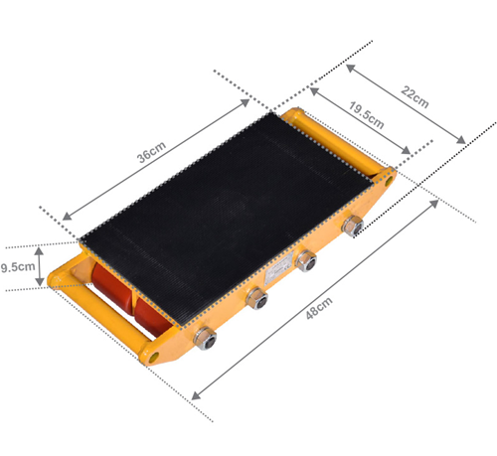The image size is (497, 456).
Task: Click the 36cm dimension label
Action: (x=151, y=152)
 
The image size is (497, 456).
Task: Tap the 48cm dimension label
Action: (x=319, y=308)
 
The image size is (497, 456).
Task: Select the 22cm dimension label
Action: (x=414, y=96)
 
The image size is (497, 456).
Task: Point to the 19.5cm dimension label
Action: (x=367, y=115)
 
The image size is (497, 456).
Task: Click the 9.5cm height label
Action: (x=18, y=267)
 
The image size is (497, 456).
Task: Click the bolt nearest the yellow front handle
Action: (x=205, y=338)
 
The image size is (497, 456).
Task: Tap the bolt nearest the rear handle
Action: (x=353, y=226)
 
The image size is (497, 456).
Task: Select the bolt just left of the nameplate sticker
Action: (x=257, y=298)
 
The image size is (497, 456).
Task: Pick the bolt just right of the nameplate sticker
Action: (x=306, y=261)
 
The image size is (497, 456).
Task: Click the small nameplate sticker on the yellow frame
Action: (x=279, y=270)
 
